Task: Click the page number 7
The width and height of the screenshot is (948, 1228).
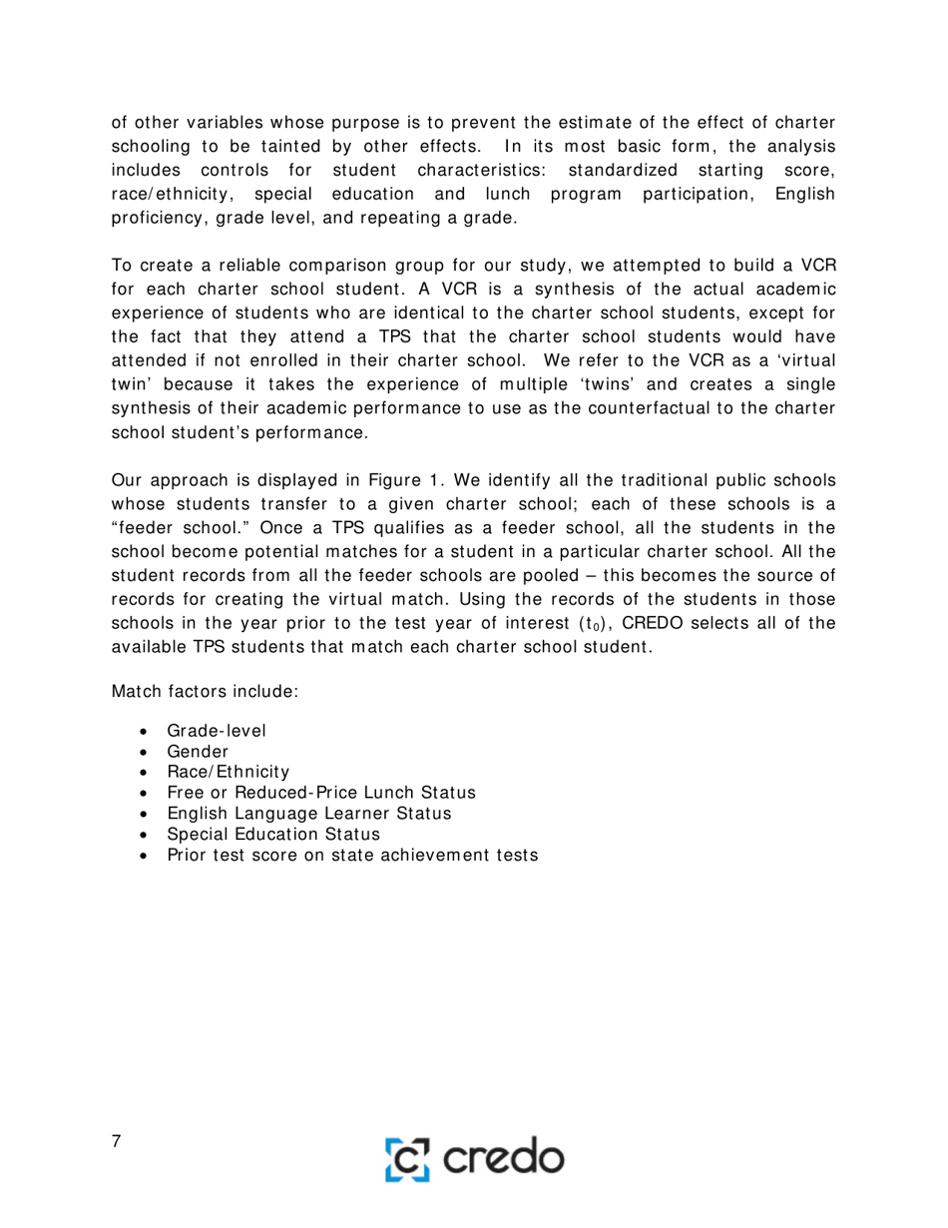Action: (x=117, y=1142)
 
